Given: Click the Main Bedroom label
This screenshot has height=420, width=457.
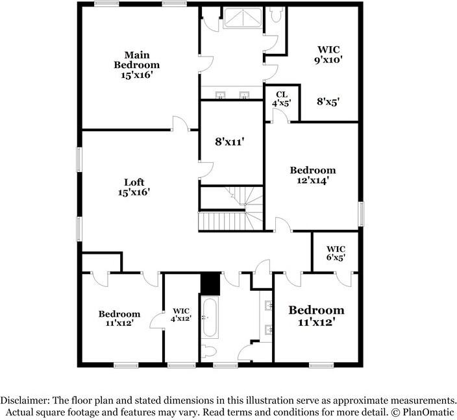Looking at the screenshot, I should tap(137, 65).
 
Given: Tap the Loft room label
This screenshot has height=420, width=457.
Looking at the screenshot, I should tap(134, 188).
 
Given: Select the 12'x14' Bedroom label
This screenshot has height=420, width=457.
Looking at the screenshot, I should tap(313, 176).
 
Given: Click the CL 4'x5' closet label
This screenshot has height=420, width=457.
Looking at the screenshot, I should tap(281, 99).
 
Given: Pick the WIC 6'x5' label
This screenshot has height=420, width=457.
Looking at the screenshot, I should tap(336, 253).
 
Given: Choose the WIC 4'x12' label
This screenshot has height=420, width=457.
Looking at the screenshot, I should tap(180, 314).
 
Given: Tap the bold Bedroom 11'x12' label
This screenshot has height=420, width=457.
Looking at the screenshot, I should tap(316, 315).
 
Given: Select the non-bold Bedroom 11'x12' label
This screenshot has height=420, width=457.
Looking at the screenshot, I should tap(119, 318).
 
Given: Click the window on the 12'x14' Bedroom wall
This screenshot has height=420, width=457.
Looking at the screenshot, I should tap(362, 214).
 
